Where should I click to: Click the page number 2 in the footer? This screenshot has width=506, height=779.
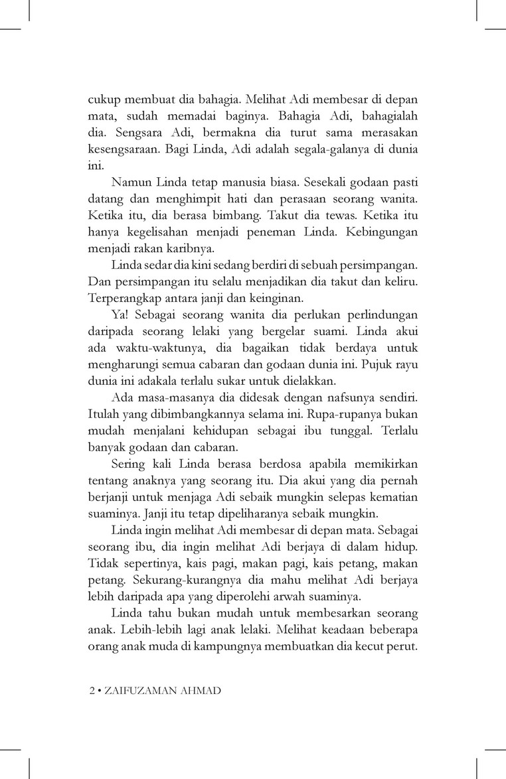[x=92, y=690]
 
